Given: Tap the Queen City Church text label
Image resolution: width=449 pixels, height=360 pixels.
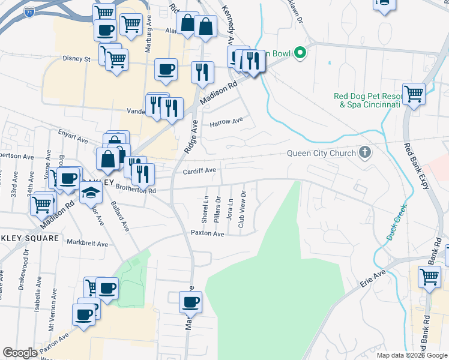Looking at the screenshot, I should click(x=322, y=153).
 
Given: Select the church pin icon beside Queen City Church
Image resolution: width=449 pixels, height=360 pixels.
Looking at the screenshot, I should click(x=364, y=152).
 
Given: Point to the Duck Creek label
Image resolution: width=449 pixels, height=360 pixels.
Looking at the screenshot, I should click(x=397, y=222).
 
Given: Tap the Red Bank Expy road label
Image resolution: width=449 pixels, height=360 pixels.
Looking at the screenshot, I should click(x=417, y=166).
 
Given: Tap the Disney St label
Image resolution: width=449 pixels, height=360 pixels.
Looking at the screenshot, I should click(x=76, y=59).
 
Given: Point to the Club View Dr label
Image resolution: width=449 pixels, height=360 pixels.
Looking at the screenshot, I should click(x=243, y=209).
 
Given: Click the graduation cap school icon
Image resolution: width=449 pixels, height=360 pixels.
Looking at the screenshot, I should click(x=91, y=193).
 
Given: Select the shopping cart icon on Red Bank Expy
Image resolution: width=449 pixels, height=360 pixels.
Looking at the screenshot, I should click(x=414, y=94).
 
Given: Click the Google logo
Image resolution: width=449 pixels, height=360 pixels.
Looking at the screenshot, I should click(x=20, y=353).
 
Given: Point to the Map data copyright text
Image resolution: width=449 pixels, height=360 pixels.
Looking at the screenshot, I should click(x=411, y=355).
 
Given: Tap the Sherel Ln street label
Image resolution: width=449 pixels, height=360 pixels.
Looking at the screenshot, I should click(x=205, y=207).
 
